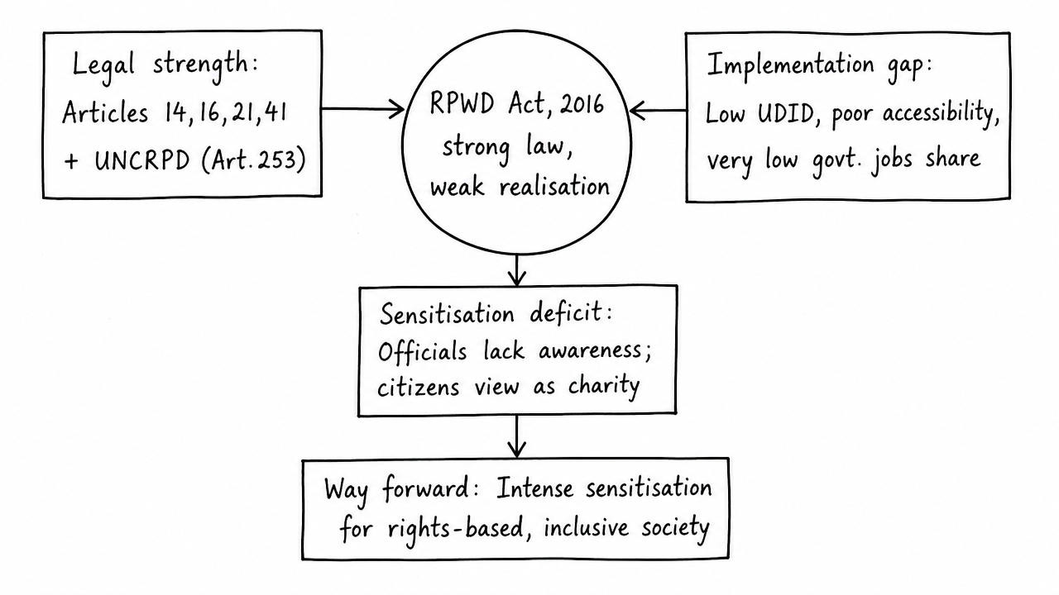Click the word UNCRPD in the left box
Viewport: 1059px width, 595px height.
click(141, 161)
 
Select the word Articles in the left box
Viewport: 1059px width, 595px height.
click(105, 112)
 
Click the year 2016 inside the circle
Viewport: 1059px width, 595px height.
click(582, 103)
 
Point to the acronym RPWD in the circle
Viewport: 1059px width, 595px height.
click(462, 103)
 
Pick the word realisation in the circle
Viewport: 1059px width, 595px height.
click(554, 187)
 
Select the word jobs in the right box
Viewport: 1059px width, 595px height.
click(891, 160)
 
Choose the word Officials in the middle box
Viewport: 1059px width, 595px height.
click(422, 351)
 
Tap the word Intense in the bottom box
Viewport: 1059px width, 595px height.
click(534, 488)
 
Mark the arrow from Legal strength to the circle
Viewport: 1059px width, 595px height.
click(362, 110)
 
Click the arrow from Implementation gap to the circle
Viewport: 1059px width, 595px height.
click(659, 111)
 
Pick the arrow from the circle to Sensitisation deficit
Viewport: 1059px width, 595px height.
click(517, 270)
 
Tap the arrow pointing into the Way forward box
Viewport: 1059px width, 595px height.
click(517, 436)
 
